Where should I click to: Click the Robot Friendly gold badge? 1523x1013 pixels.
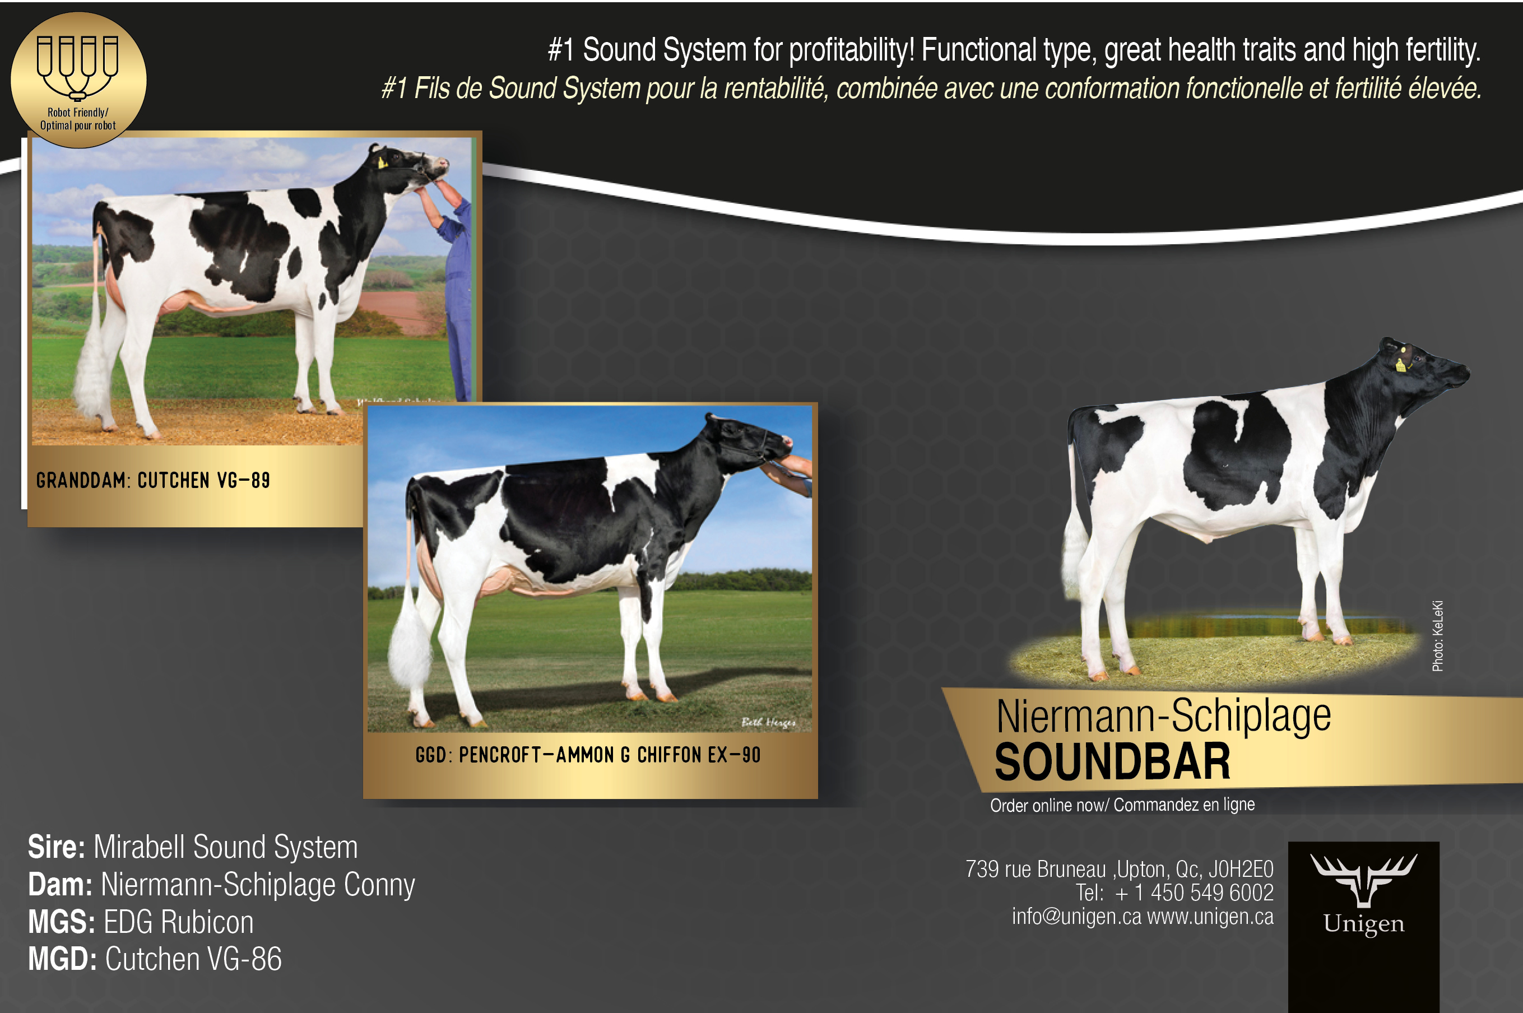[x=78, y=80]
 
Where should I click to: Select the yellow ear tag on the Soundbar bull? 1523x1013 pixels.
[x=1400, y=365]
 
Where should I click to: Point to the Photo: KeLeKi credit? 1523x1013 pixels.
[x=1437, y=636]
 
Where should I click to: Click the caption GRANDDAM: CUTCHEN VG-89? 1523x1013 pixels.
[x=153, y=480]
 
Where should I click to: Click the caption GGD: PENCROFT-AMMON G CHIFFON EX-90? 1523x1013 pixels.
[x=588, y=755]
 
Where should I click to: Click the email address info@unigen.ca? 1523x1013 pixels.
[x=1076, y=916]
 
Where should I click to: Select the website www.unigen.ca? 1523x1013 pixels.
[x=1210, y=916]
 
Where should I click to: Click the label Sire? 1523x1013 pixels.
[x=56, y=847]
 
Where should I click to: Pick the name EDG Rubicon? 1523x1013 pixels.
[x=178, y=922]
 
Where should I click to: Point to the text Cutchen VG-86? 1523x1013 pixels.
[x=193, y=959]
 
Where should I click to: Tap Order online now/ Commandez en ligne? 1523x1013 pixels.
[x=1122, y=805]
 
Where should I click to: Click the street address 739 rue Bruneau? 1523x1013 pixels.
[x=1036, y=869]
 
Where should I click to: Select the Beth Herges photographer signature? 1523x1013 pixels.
[x=768, y=722]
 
